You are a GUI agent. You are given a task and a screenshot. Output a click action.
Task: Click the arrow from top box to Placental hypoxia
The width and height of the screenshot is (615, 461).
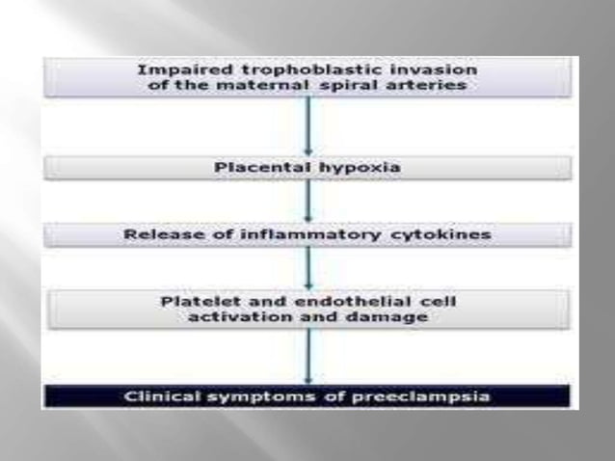click(308, 125)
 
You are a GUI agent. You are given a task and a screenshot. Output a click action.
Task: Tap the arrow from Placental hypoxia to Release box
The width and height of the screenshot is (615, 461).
click(308, 201)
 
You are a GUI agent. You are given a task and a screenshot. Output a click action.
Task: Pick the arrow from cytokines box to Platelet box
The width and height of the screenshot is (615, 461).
click(308, 267)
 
